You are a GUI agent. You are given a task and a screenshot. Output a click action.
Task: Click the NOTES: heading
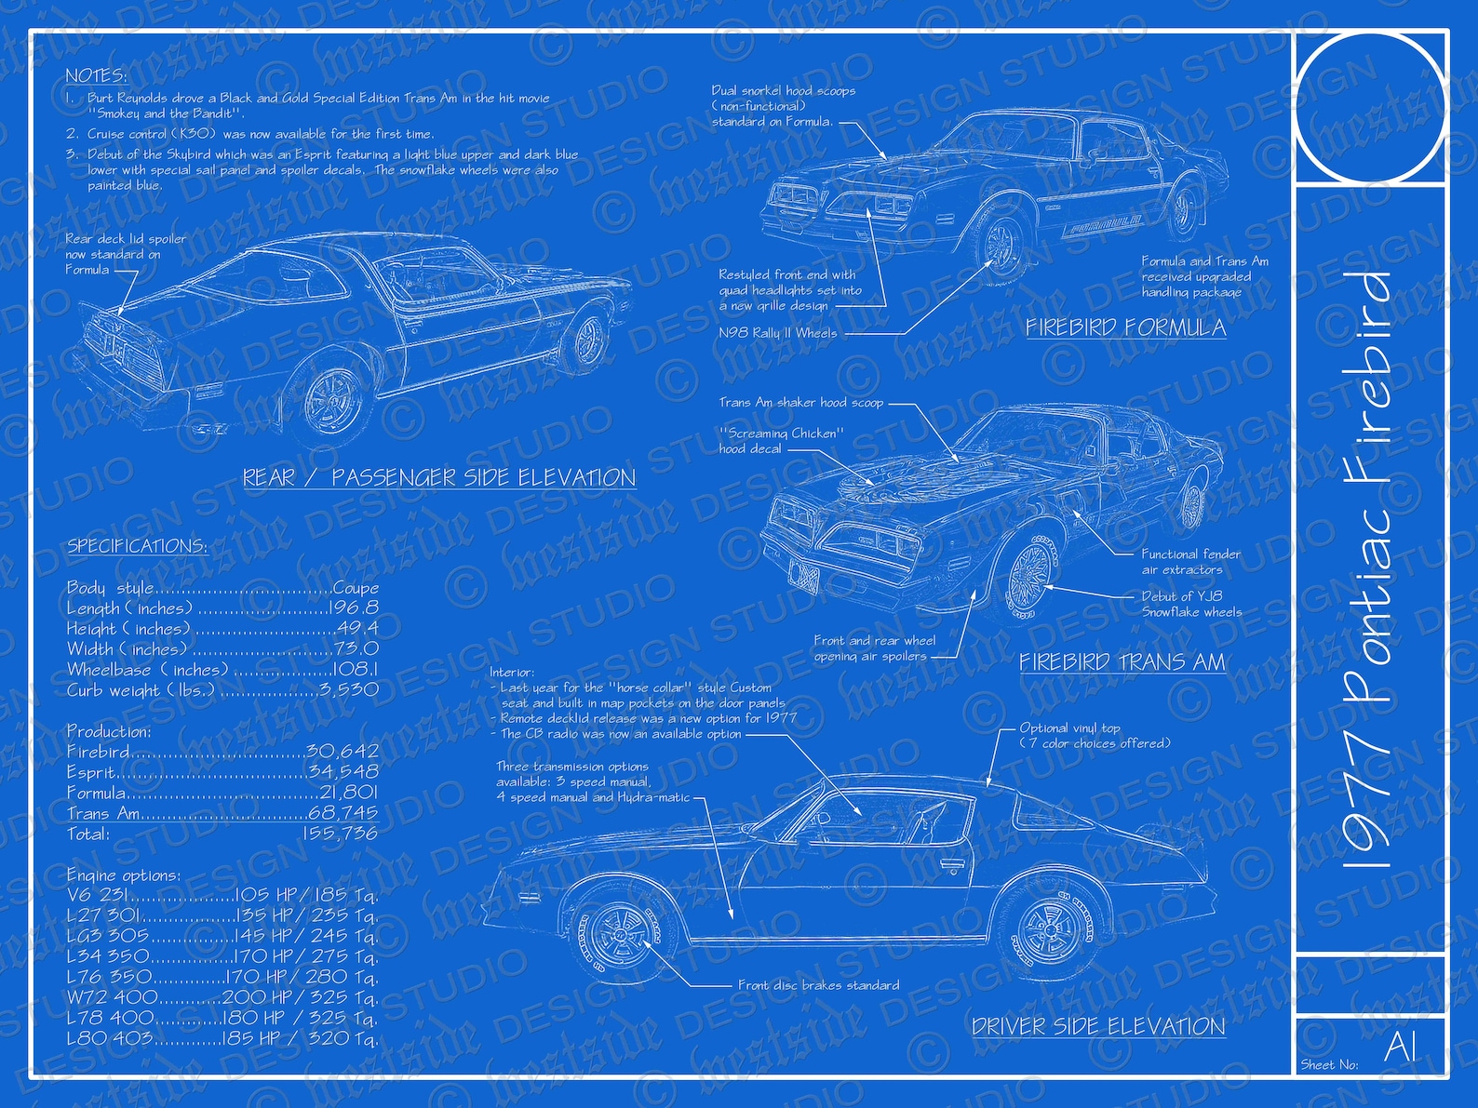pyautogui.click(x=96, y=75)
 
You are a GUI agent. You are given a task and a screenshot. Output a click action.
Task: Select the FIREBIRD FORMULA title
pyautogui.click(x=1125, y=327)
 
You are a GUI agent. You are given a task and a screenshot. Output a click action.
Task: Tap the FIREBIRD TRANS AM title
pyautogui.click(x=1122, y=661)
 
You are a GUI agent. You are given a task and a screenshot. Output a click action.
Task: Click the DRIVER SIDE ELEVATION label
pyautogui.click(x=1098, y=1026)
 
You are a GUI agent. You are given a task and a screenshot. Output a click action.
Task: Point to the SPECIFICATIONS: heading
pyautogui.click(x=137, y=546)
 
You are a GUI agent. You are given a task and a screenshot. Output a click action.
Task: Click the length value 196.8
pyautogui.click(x=354, y=608)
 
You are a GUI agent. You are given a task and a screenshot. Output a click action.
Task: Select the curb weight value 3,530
pyautogui.click(x=348, y=690)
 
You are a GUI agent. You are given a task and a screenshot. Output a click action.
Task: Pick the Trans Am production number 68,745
pyautogui.click(x=343, y=813)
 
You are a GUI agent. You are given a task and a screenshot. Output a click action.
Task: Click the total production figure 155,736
pyautogui.click(x=340, y=834)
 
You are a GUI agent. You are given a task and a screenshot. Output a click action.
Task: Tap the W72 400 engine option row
pyautogui.click(x=222, y=997)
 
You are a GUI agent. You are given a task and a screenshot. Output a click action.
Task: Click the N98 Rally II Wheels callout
pyautogui.click(x=778, y=333)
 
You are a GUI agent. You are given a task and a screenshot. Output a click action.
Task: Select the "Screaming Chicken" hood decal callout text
pyautogui.click(x=781, y=441)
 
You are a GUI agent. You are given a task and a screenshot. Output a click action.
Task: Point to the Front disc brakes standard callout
pyautogui.click(x=818, y=985)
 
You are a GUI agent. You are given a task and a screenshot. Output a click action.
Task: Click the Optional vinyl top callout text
pyautogui.click(x=1095, y=736)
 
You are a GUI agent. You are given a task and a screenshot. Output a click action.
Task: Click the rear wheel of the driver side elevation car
pyautogui.click(x=1050, y=931)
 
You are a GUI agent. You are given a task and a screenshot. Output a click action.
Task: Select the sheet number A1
pyautogui.click(x=1400, y=1047)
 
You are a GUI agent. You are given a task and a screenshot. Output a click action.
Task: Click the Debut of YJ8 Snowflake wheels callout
pyautogui.click(x=1191, y=604)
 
